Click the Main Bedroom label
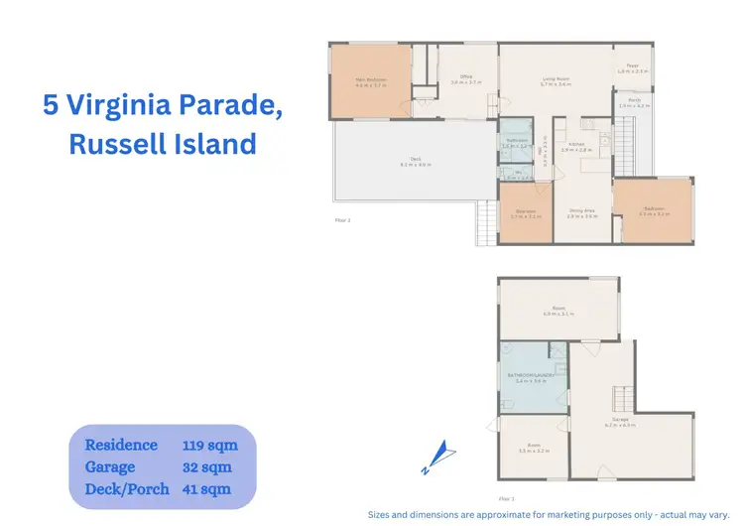371,79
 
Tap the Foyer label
632,68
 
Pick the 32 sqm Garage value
205,466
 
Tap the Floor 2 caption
342,219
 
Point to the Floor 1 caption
507,498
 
